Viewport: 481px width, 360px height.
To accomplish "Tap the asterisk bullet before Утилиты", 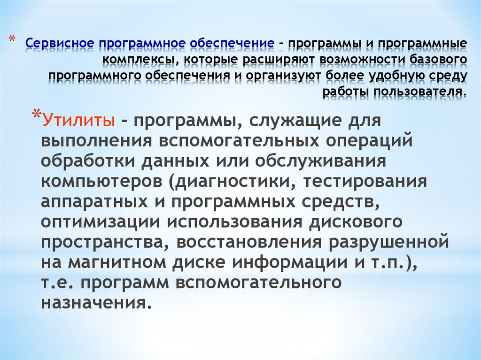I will [x=37, y=115].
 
